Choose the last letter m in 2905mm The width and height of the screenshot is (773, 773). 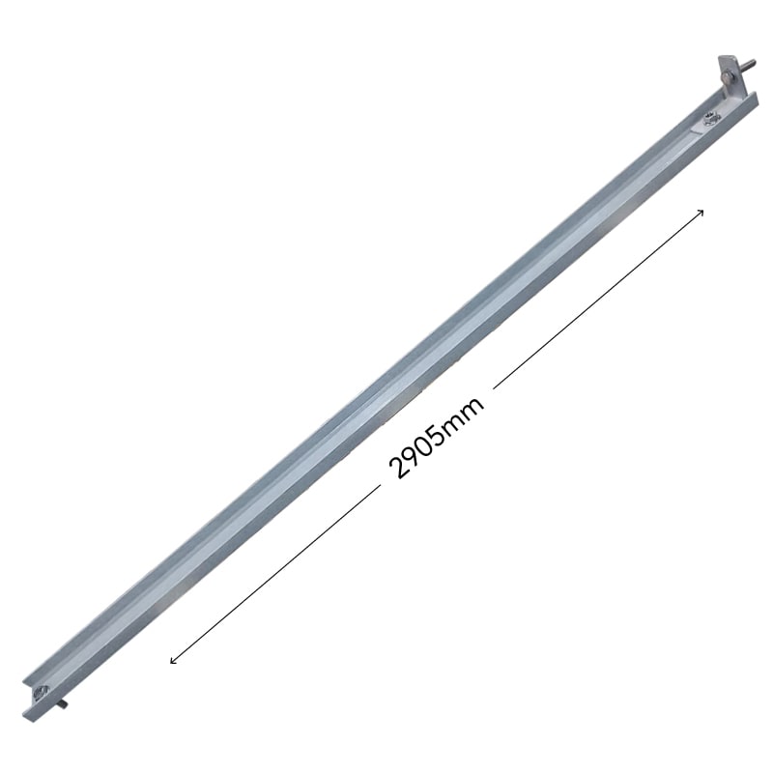(472, 406)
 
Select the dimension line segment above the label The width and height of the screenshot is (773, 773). (598, 299)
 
